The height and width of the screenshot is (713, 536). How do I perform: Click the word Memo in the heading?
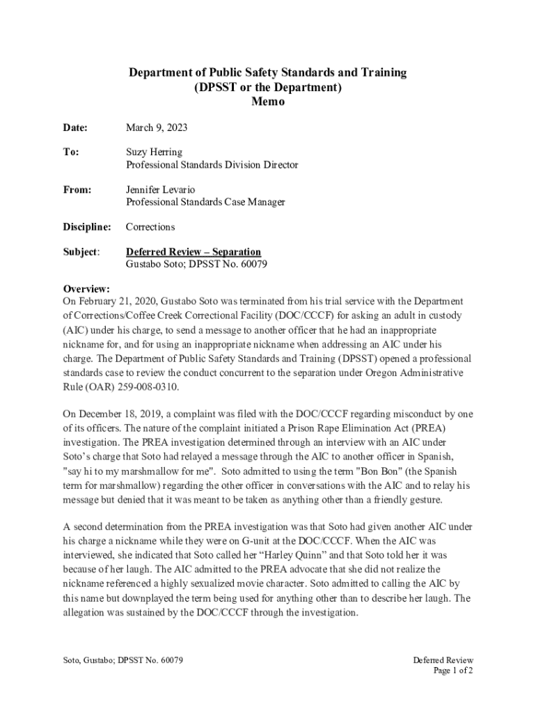(x=268, y=102)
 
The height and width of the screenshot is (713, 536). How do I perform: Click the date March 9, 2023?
(x=156, y=128)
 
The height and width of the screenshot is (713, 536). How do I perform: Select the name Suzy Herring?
(x=155, y=152)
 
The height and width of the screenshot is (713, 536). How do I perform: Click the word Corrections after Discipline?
(x=150, y=227)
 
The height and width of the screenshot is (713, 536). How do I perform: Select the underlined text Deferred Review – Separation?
(x=193, y=252)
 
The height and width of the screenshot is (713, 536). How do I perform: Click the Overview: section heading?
(x=87, y=289)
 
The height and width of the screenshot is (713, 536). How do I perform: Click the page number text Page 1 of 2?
(x=453, y=671)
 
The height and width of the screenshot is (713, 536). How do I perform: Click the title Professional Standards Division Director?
(x=212, y=165)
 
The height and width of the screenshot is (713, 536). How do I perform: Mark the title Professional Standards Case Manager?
(x=205, y=202)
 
